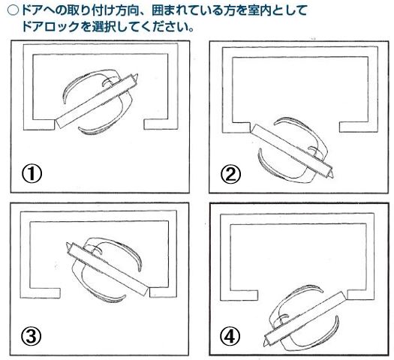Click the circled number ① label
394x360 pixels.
[x=32, y=173]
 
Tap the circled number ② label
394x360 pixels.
[x=230, y=175]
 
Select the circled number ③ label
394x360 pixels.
[x=32, y=336]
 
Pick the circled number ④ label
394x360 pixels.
[x=230, y=336]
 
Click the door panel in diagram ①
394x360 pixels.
[x=97, y=100]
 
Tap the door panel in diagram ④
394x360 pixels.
[x=305, y=317]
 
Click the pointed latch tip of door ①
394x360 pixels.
[x=137, y=74]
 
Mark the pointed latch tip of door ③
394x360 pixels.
[x=67, y=243]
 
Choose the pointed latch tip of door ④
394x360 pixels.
[x=263, y=346]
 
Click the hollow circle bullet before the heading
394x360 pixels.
[x=13, y=10]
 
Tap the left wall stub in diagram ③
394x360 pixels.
[x=45, y=293]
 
